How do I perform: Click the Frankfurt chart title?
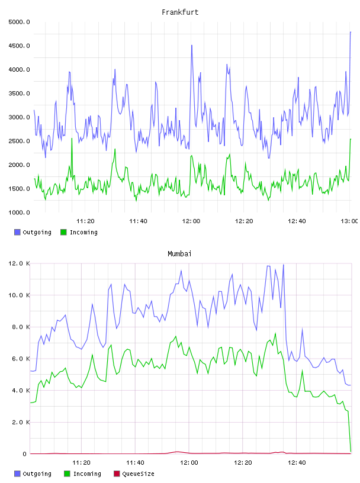180,12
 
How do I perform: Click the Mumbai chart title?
179,254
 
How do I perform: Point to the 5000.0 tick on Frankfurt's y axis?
19,22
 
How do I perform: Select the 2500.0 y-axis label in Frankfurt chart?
19,141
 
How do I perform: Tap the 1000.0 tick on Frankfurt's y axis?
19,212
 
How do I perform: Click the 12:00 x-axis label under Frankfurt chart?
191,221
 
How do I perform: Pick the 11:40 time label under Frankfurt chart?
138,221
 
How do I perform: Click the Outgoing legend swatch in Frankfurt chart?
17,232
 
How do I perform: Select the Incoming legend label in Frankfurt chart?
83,232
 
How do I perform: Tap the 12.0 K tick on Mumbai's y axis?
19,263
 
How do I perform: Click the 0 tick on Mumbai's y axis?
24,454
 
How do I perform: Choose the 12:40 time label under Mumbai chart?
297,463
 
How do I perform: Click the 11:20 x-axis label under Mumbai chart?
81,463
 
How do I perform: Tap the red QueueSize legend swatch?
117,474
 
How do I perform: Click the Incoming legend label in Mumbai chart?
87,474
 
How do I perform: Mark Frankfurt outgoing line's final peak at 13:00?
351,32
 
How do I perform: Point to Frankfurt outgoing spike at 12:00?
192,45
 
